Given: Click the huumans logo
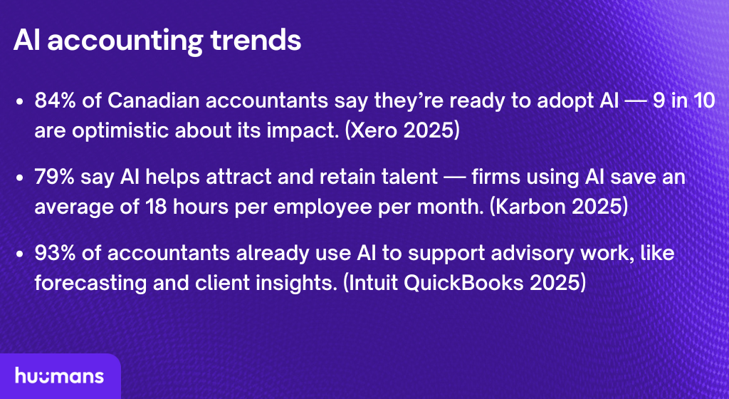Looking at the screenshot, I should coord(59,376).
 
